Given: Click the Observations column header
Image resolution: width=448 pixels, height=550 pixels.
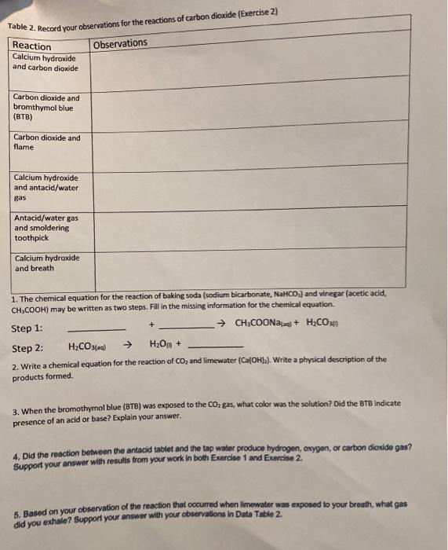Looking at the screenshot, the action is [120, 43].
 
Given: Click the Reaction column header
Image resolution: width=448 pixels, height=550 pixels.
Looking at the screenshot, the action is [31, 46].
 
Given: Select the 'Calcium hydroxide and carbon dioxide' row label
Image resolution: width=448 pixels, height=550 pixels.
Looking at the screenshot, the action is [46, 63].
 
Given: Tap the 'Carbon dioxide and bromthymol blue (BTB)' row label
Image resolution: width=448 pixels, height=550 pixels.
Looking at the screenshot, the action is [46, 107].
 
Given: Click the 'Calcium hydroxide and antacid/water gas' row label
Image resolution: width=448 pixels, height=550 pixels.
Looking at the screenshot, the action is [46, 188].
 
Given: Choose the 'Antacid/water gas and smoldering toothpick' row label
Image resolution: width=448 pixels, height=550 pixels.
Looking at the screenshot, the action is [46, 227].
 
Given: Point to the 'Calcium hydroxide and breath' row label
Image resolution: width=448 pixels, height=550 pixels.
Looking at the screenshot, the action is [46, 262].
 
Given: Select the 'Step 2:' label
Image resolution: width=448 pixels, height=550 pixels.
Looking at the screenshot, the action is [27, 348].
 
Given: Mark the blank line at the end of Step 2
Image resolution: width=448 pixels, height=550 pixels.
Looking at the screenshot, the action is [217, 348].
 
